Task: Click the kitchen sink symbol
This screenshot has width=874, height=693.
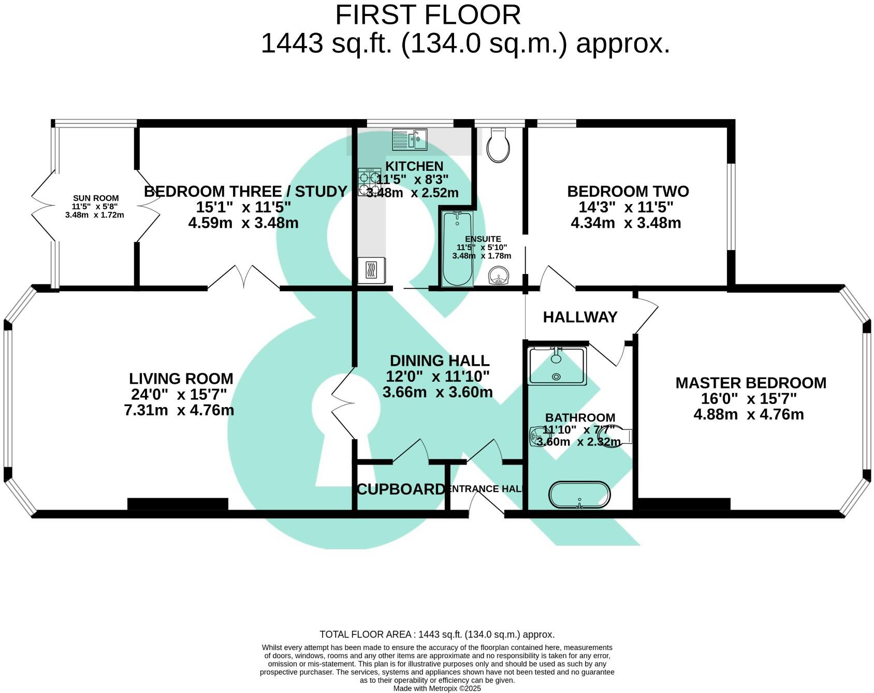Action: click(x=410, y=139)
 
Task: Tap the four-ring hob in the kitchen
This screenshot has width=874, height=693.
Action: click(x=370, y=182)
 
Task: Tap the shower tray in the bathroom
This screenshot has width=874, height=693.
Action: click(x=557, y=366)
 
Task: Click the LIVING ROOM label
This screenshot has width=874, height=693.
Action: click(x=181, y=379)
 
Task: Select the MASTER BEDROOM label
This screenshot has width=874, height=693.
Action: click(x=750, y=383)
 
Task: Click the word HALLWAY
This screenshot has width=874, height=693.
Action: click(x=580, y=317)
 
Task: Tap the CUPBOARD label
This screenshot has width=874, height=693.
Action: click(x=401, y=489)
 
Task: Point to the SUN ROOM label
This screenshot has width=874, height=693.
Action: click(x=96, y=198)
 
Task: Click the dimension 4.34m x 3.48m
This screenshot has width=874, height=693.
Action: click(x=625, y=223)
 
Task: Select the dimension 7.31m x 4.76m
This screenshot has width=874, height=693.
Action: click(x=179, y=410)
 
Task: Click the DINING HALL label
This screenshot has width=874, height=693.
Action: click(x=439, y=360)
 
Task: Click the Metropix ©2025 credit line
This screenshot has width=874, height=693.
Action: click(x=437, y=688)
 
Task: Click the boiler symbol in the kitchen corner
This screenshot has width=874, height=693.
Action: click(x=371, y=270)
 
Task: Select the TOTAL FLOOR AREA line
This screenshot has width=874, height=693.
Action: click(x=436, y=634)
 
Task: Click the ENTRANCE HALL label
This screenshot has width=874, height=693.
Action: click(x=486, y=489)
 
